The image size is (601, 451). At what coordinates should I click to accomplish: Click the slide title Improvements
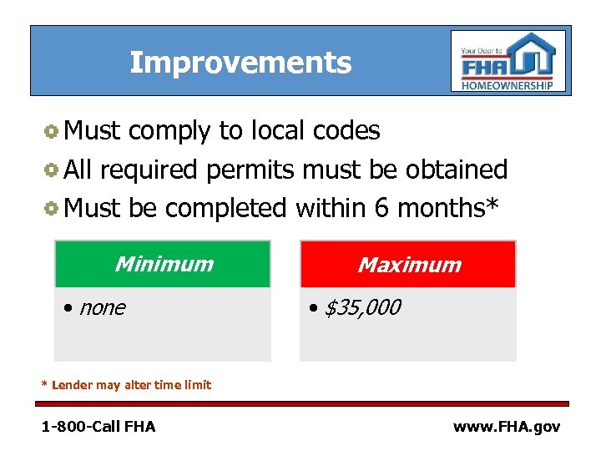pos(240,63)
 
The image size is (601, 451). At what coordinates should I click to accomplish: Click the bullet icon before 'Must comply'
pos(51,131)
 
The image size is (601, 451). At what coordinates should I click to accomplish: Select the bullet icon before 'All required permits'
pos(51,170)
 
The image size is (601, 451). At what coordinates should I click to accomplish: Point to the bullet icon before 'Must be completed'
pos(51,208)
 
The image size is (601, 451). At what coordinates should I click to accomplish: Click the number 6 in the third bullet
pos(382,207)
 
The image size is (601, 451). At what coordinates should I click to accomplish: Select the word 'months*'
pos(448,207)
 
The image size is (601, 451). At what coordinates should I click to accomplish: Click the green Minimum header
pos(163,264)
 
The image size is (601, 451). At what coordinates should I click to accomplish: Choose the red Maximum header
pos(408,265)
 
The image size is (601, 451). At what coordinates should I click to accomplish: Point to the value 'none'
pos(102,308)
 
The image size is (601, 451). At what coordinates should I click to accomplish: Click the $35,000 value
pos(361,308)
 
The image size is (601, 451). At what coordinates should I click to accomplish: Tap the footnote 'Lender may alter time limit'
pos(131,385)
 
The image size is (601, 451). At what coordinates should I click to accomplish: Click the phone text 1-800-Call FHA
pos(98,427)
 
